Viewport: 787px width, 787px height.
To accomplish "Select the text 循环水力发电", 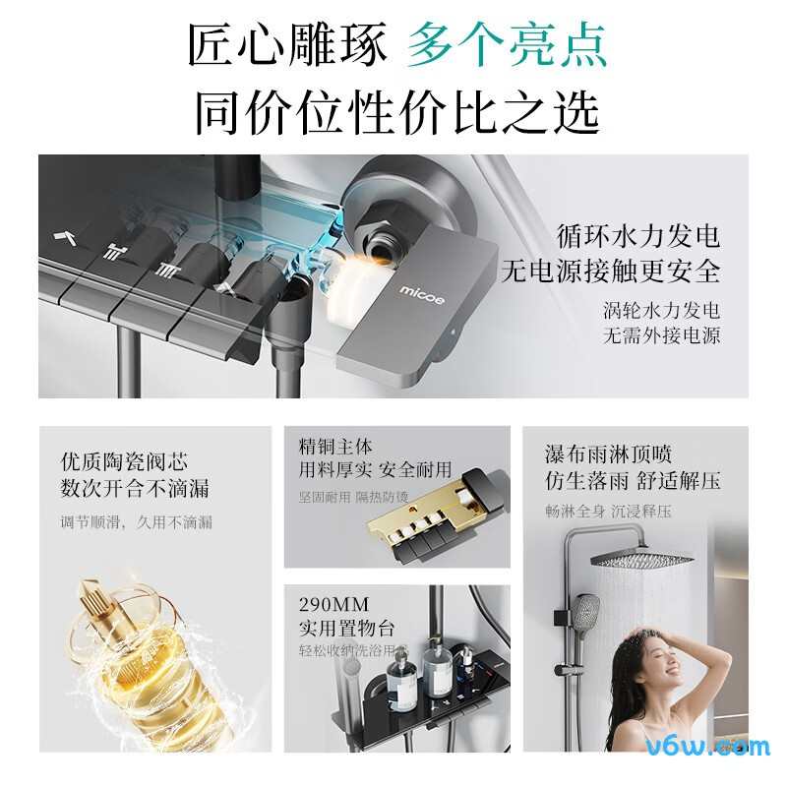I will [637, 236].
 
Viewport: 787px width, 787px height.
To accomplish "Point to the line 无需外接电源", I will [661, 335].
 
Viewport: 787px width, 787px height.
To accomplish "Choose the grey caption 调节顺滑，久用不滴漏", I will [136, 522].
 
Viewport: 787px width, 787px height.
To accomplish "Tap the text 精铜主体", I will [335, 447].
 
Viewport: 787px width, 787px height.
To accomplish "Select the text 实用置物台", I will [346, 627].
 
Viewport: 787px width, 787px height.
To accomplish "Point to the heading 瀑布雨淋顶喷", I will [608, 454].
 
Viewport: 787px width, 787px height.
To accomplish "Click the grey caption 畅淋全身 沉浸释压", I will [608, 511].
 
